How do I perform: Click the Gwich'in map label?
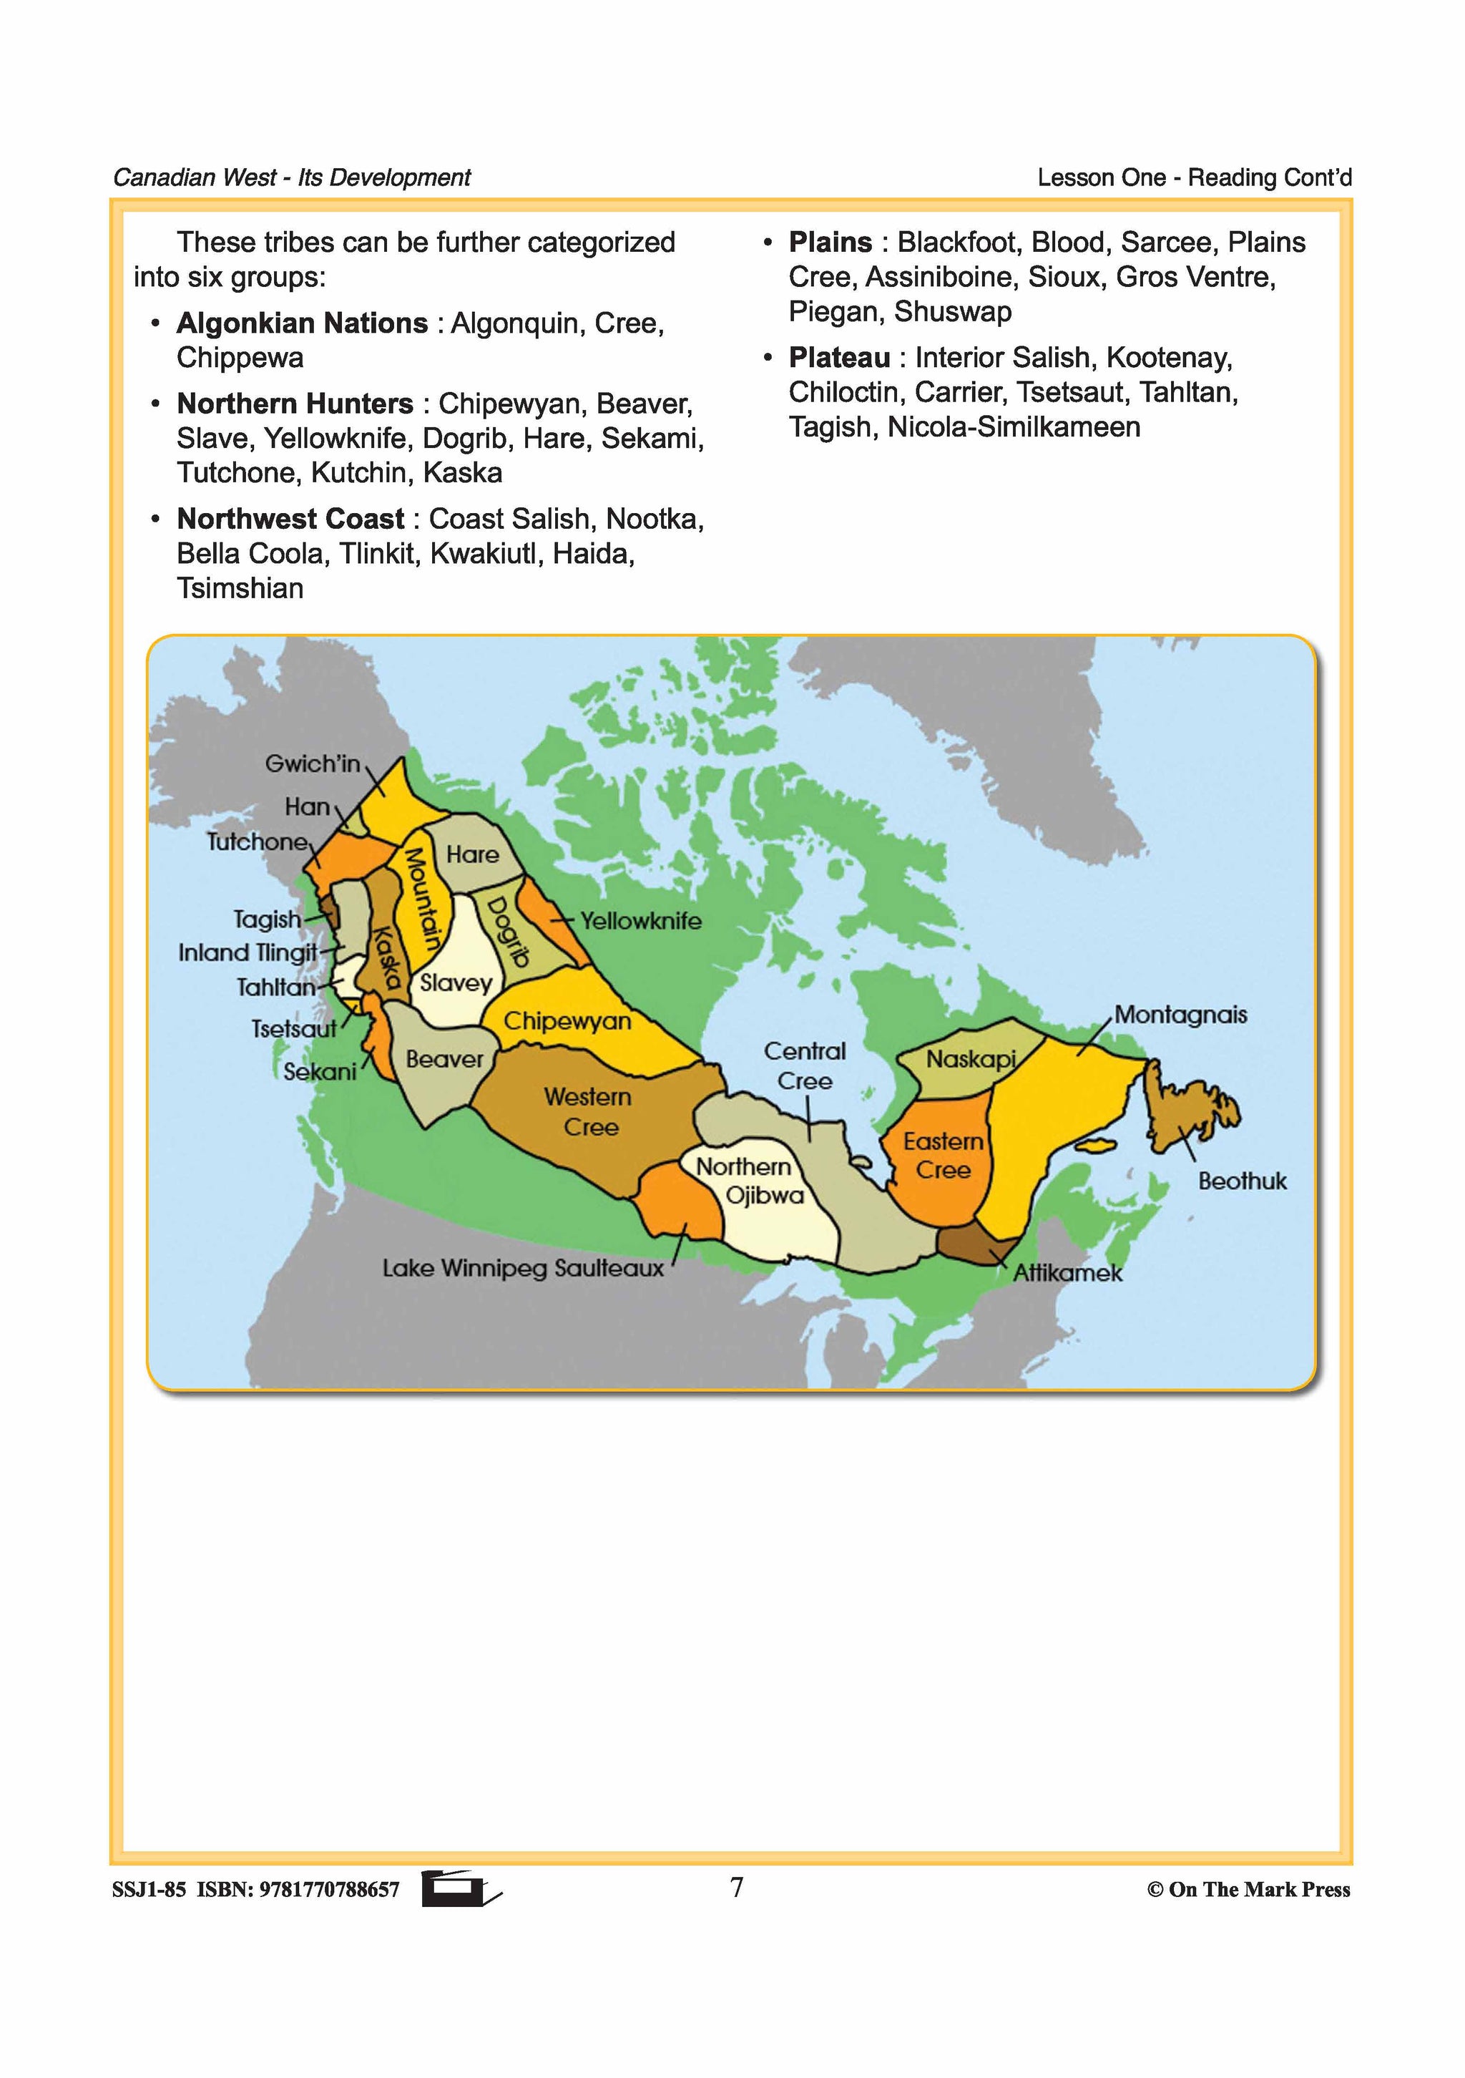[312, 764]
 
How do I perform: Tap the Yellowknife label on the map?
[641, 922]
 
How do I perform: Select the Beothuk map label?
[1242, 1181]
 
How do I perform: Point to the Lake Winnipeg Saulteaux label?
[522, 1268]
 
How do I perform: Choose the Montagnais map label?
[1180, 1015]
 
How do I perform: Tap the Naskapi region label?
[971, 1059]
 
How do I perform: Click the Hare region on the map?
[472, 854]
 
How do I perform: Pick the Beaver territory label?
[444, 1059]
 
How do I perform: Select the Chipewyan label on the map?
[567, 1021]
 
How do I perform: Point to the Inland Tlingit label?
[247, 953]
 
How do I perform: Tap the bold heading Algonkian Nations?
[301, 323]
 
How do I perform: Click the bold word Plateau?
[839, 358]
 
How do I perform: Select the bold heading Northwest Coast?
[290, 519]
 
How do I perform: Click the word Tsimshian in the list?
[240, 588]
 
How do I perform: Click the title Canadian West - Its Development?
[291, 177]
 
